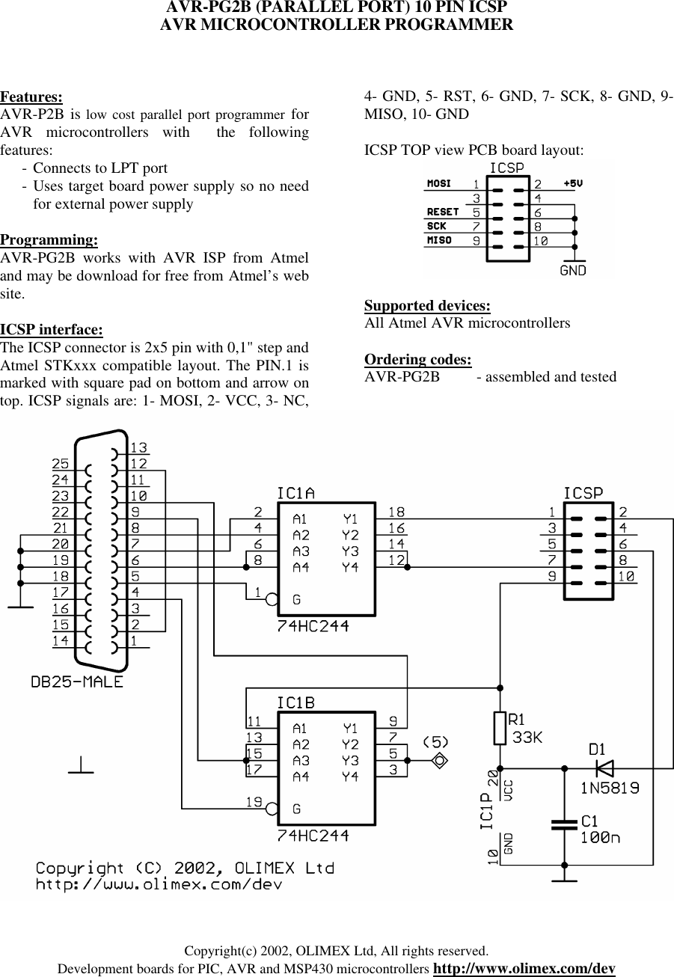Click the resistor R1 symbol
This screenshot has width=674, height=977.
[x=500, y=728]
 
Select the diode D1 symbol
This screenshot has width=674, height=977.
[x=604, y=768]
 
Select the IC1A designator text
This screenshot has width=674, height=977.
[x=295, y=494]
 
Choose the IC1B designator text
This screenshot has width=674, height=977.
[x=295, y=703]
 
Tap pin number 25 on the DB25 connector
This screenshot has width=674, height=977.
[x=61, y=463]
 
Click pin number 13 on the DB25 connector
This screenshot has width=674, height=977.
[x=138, y=447]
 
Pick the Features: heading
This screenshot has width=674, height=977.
[x=31, y=97]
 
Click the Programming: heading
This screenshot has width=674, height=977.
[x=49, y=240]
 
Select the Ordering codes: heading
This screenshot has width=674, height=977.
[x=417, y=359]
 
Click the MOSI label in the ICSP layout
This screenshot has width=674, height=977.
[x=439, y=183]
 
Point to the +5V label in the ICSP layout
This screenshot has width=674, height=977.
[x=574, y=183]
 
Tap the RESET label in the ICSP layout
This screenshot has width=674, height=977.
[x=442, y=212]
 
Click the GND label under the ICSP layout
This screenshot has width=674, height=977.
[x=573, y=270]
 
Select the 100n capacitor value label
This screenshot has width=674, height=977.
[x=601, y=838]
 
